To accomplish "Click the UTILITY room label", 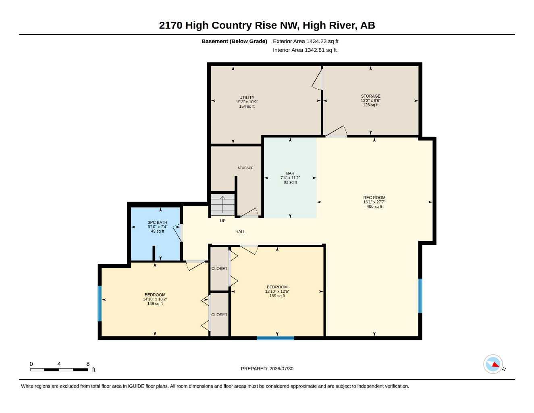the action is pos(247,97).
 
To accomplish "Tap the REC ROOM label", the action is pos(374,197).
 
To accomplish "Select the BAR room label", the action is pos(290,173).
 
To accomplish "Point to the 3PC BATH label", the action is pos(157,223).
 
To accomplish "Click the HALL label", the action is pos(240,232).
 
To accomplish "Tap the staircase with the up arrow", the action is pos(222,204).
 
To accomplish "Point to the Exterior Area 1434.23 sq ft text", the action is pos(305,41).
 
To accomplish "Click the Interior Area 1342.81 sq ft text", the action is pos(305,50).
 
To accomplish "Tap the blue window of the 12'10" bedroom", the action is pos(276,338).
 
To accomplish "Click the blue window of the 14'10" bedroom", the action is pos(100,304).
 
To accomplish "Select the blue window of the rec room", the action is pos(420,296).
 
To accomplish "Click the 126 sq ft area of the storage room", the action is pos(371,105).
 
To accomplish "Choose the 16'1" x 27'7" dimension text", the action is pos(374,202).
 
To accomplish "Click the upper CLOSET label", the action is pos(219,269).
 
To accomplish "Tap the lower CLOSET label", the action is pos(219,315).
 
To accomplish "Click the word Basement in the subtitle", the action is pos(214,41).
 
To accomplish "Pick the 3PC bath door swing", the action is pos(178,233).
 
